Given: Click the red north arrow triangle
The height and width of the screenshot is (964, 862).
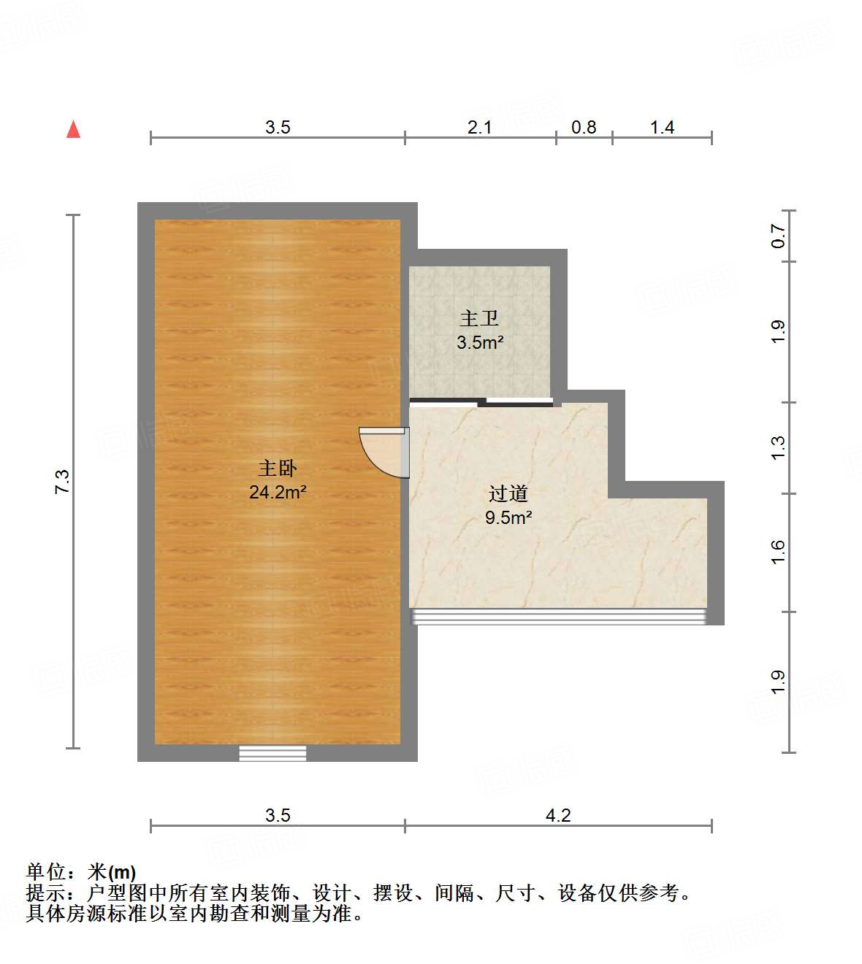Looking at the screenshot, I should (x=73, y=130).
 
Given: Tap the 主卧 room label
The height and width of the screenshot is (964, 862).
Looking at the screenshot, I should (x=278, y=468).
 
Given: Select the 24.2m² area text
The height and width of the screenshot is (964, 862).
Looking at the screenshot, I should (x=278, y=493).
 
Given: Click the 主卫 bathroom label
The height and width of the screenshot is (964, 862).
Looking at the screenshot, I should (x=479, y=318).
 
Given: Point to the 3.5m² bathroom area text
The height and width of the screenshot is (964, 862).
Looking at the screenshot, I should (x=480, y=342).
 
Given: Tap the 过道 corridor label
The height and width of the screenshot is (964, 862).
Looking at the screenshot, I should (x=508, y=494).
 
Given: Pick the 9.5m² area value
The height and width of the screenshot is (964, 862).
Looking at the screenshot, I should (x=508, y=518).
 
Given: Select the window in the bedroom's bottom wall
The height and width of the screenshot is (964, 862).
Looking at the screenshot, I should (x=272, y=753).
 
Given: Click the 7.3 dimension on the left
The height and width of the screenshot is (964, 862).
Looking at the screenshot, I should (x=63, y=482).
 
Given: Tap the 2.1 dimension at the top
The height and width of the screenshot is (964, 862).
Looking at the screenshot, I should (x=479, y=128).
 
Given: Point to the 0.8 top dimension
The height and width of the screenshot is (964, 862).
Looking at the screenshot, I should (x=584, y=128).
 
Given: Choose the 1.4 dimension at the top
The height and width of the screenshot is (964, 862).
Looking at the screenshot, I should (x=662, y=128).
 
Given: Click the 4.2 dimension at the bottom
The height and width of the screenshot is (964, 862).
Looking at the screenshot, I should (x=558, y=815).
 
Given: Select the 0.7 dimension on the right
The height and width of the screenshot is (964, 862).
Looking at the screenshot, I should (x=778, y=236).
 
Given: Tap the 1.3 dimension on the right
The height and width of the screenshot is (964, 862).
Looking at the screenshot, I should (x=778, y=447).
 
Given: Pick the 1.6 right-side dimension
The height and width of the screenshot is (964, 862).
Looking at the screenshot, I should (x=778, y=552).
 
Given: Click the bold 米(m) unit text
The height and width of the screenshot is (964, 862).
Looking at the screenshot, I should (x=112, y=872).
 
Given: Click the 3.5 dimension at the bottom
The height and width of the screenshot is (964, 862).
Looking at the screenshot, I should (x=278, y=815).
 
